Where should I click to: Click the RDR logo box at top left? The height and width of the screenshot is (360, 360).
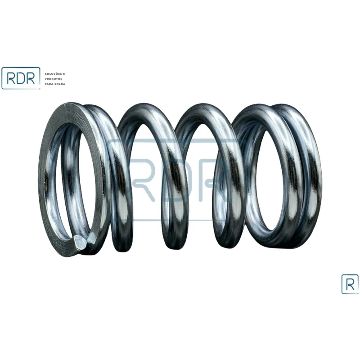pos(21,78)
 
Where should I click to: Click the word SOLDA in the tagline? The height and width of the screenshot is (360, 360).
pos(60,84)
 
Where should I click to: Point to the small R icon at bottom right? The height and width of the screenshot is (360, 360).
pos(350,284)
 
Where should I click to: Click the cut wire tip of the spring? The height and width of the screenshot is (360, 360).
pos(81,243)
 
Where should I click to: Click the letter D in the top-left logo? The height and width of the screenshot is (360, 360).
pos(21,78)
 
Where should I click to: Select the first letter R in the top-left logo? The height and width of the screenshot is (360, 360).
pos(11,78)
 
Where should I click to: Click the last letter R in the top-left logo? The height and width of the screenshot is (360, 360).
pos(31,78)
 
